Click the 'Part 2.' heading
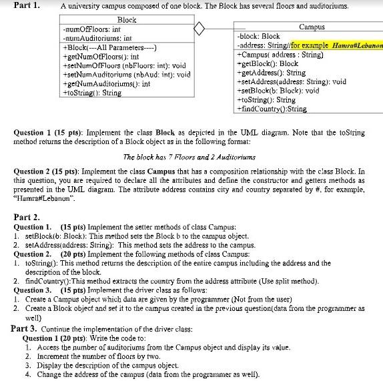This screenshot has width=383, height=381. [x=27, y=218]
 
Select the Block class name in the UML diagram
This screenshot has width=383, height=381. [x=127, y=21]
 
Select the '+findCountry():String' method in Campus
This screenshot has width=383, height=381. [x=272, y=109]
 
